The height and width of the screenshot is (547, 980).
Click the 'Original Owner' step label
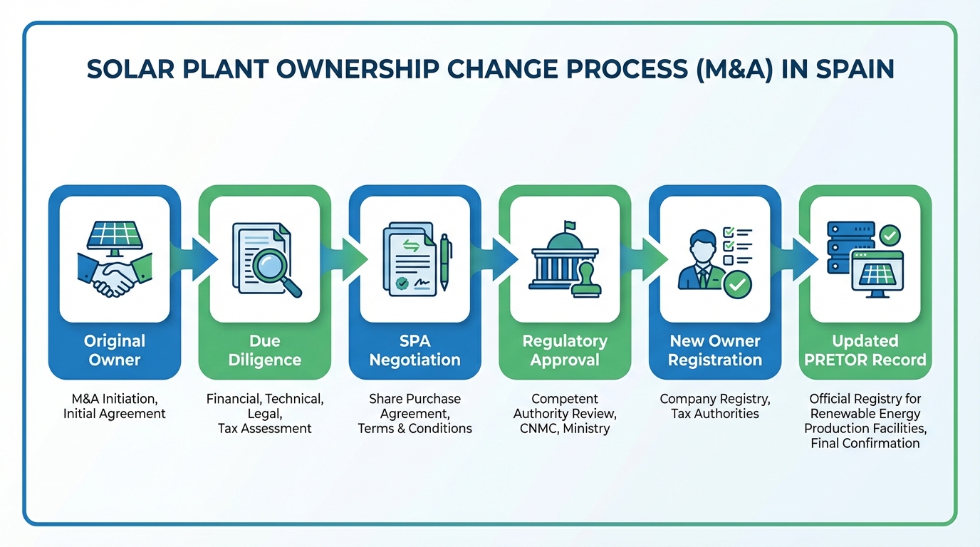coord(115,350)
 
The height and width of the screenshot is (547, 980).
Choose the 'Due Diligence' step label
coord(265,350)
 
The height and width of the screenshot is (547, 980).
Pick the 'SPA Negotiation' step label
coord(415,350)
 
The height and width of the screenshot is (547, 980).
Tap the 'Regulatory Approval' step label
coord(565,350)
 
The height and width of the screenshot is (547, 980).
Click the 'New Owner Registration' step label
coord(715,350)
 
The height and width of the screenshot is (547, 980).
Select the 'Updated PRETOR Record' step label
coord(865,350)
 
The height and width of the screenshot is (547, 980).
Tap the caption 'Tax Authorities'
coord(715,414)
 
